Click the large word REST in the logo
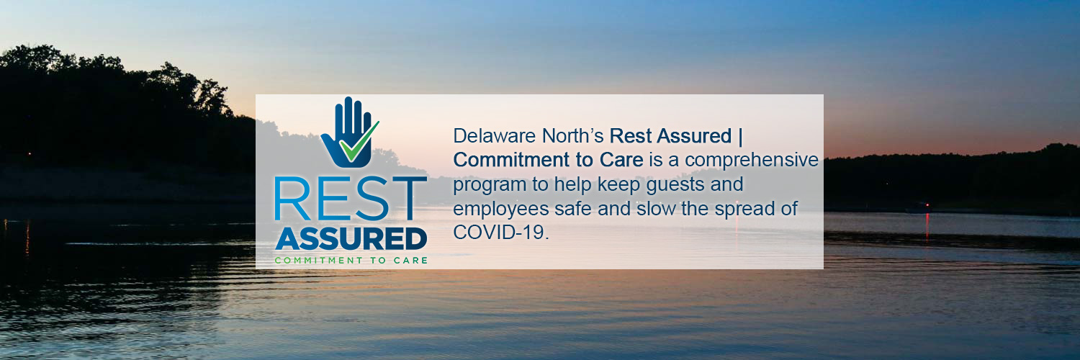pos(351,199)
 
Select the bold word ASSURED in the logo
pos(351,239)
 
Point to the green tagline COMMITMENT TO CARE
pos(351,260)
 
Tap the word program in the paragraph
pos(490,185)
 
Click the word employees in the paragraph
pos(499,210)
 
